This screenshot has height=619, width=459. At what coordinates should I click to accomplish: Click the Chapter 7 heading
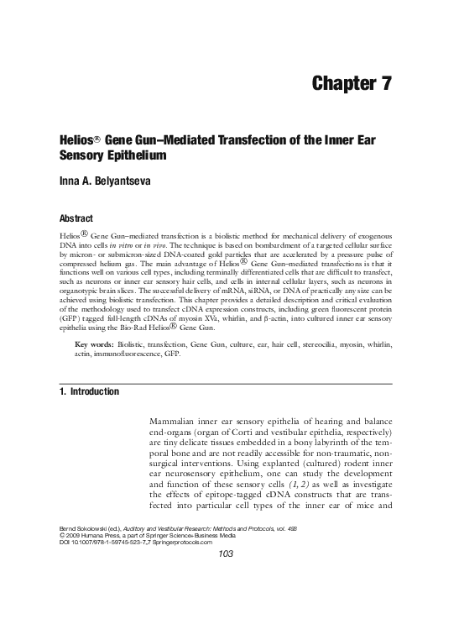tap(352, 83)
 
